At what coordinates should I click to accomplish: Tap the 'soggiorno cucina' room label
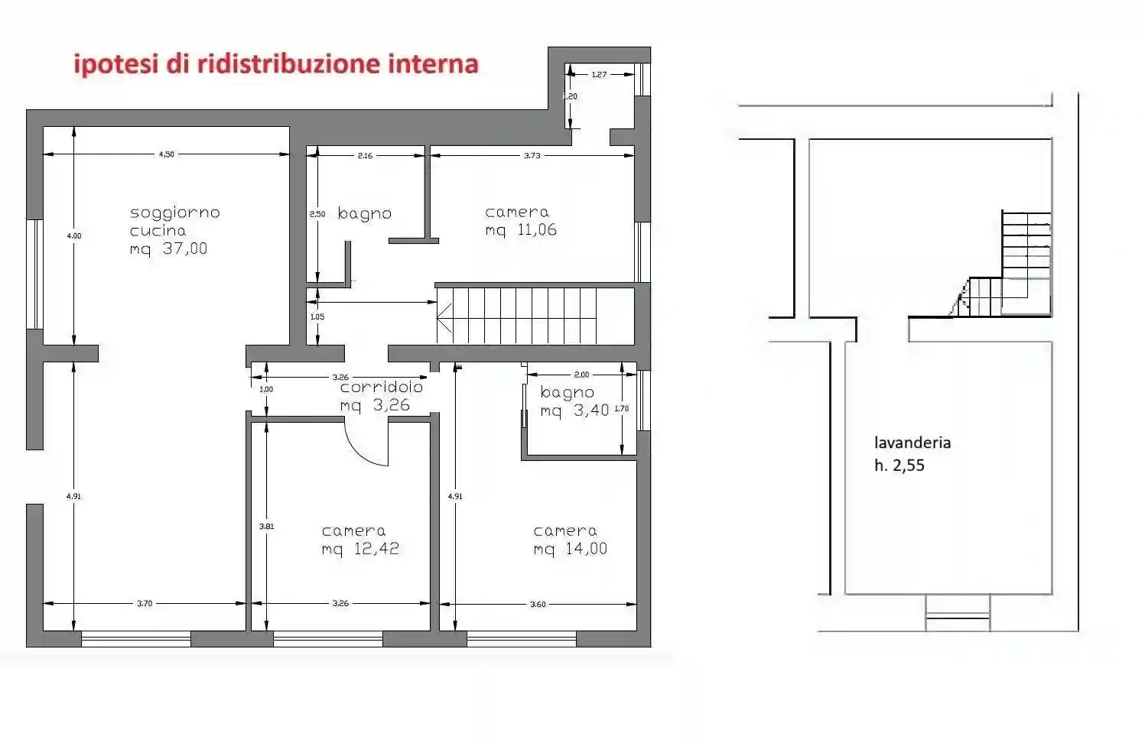click(174, 222)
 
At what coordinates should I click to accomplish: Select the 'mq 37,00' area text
click(168, 249)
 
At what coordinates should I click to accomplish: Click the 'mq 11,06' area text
click(521, 230)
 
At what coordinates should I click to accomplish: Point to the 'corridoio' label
click(381, 388)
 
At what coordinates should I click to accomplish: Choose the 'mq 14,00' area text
click(570, 549)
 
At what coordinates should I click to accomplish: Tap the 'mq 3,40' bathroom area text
click(574, 410)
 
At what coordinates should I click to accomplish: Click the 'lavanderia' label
click(912, 443)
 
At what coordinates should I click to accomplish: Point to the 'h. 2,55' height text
click(899, 466)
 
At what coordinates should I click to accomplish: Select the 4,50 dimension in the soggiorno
click(166, 154)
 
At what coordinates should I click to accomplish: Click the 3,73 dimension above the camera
click(532, 155)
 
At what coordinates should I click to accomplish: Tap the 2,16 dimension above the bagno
click(365, 156)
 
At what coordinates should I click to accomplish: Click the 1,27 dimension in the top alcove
click(599, 75)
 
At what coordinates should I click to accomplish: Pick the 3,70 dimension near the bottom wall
click(145, 604)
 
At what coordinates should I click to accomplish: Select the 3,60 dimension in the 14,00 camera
click(538, 605)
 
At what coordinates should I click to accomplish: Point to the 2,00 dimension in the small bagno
click(581, 375)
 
